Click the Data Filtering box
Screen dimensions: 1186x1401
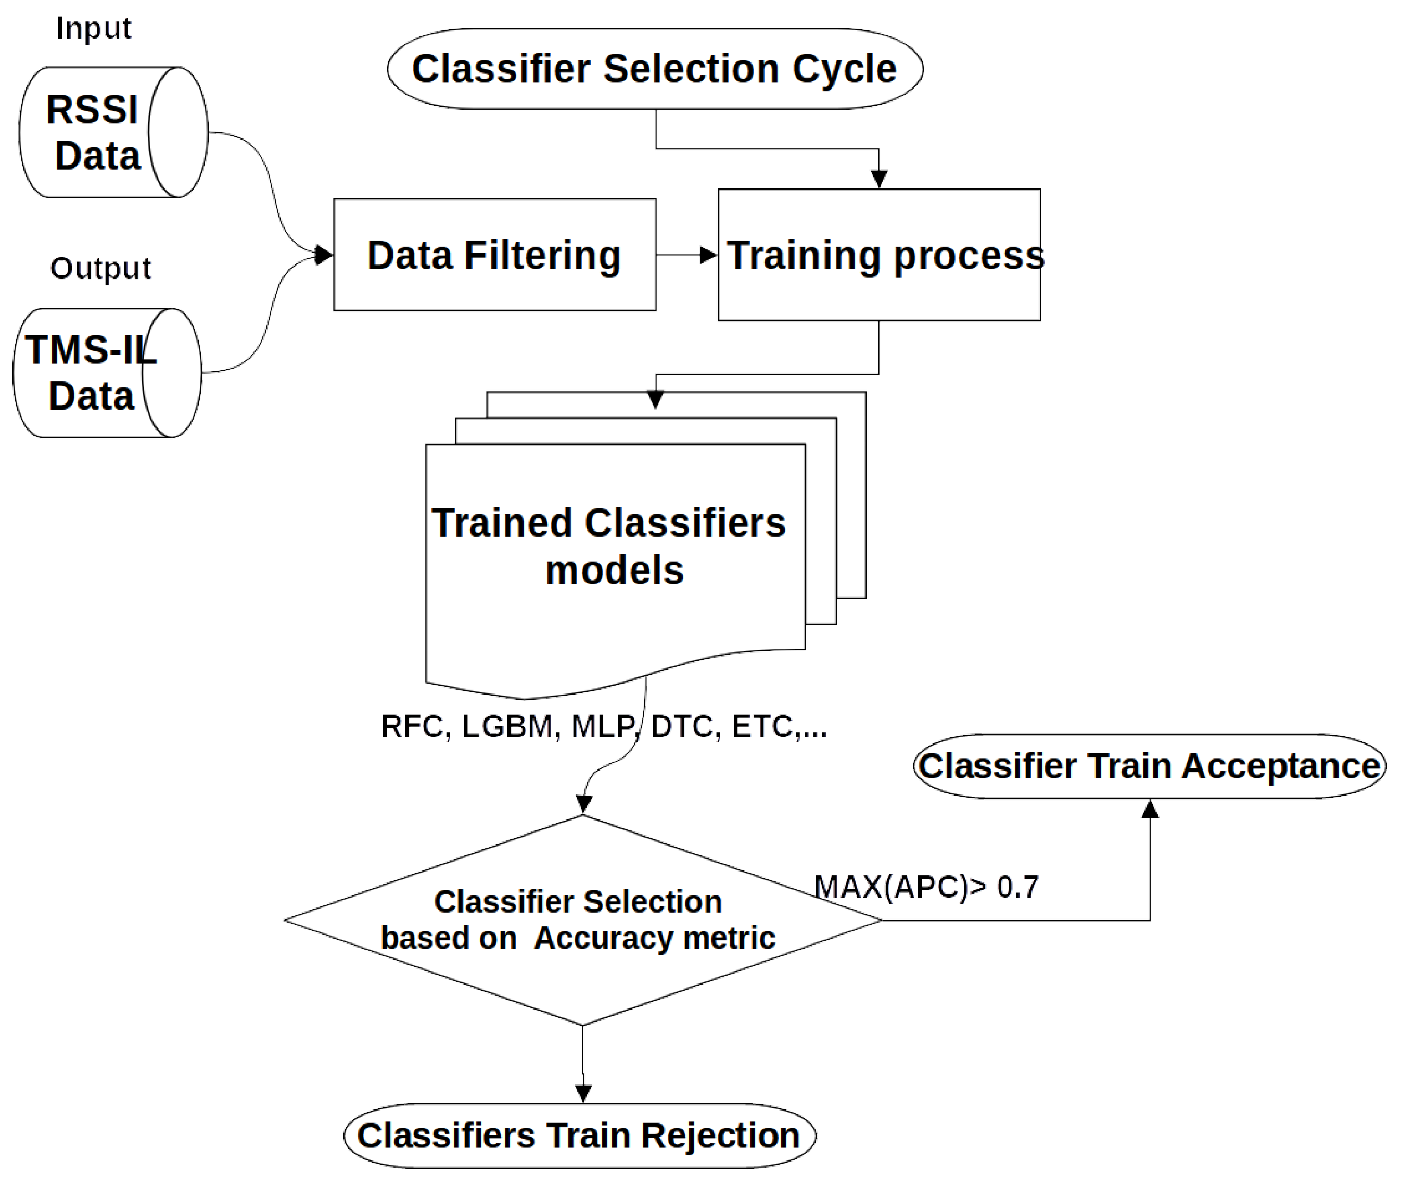494,255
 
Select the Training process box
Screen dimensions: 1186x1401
879,255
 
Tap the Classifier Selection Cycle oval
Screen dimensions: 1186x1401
655,69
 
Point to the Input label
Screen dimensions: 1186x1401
93,28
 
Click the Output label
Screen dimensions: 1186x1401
101,268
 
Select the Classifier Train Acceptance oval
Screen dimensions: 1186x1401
1149,766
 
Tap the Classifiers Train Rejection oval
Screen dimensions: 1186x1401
579,1135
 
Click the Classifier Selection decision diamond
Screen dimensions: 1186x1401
582,920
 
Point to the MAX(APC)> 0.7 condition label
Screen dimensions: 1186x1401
926,887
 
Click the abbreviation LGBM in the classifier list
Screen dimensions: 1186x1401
507,726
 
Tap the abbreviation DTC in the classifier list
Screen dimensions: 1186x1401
681,726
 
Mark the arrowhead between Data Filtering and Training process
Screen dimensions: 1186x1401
708,255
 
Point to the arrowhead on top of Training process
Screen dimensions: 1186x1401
879,180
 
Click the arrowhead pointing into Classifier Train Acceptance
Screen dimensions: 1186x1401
1150,810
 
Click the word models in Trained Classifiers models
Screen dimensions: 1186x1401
614,570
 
